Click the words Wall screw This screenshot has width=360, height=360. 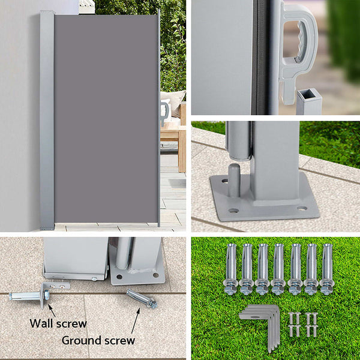58,323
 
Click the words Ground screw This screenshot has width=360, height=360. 98,340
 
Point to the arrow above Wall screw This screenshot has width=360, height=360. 50,310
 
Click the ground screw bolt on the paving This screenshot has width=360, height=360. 142,298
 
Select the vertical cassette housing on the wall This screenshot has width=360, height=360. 47,120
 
